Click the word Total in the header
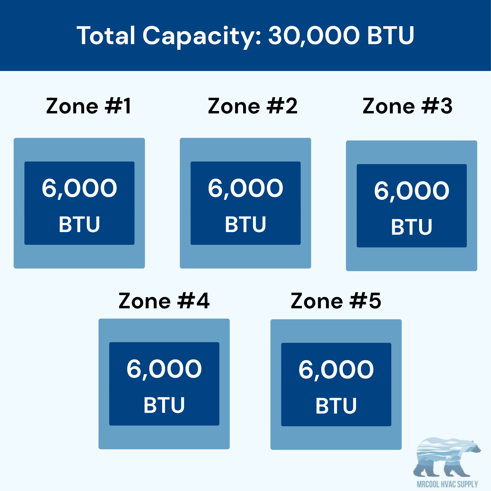106,35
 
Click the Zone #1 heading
88,106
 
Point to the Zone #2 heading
253,106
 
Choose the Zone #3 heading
407,106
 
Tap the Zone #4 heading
164,301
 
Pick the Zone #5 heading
336,301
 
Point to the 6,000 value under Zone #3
412,191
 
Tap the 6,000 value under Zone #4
164,369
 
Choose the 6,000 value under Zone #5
336,370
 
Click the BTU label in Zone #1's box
79,224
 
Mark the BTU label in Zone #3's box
412,227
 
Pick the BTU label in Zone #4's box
164,405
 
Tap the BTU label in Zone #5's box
336,406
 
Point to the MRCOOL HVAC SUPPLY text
447,484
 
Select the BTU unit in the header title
391,35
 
